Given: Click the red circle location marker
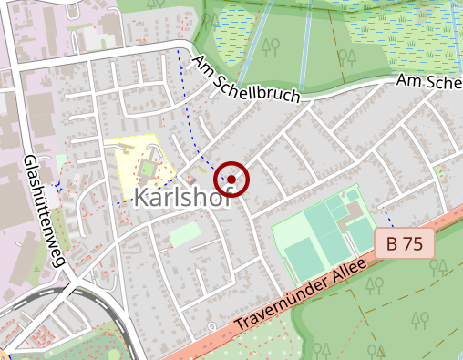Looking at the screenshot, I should (x=231, y=180).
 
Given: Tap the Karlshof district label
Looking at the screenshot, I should (x=182, y=198).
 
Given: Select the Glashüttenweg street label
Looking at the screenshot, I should (x=46, y=210).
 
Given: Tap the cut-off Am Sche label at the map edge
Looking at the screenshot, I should (x=428, y=82).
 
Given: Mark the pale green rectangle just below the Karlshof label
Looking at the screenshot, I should (x=185, y=234).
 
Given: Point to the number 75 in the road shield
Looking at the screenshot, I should (x=413, y=243).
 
